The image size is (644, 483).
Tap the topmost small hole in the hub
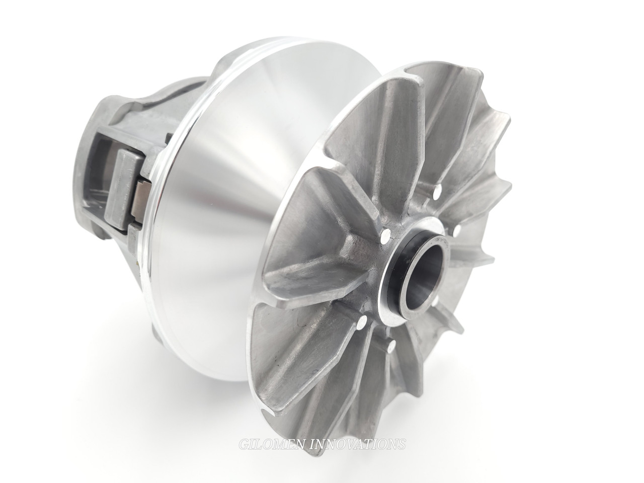point(436,190)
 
